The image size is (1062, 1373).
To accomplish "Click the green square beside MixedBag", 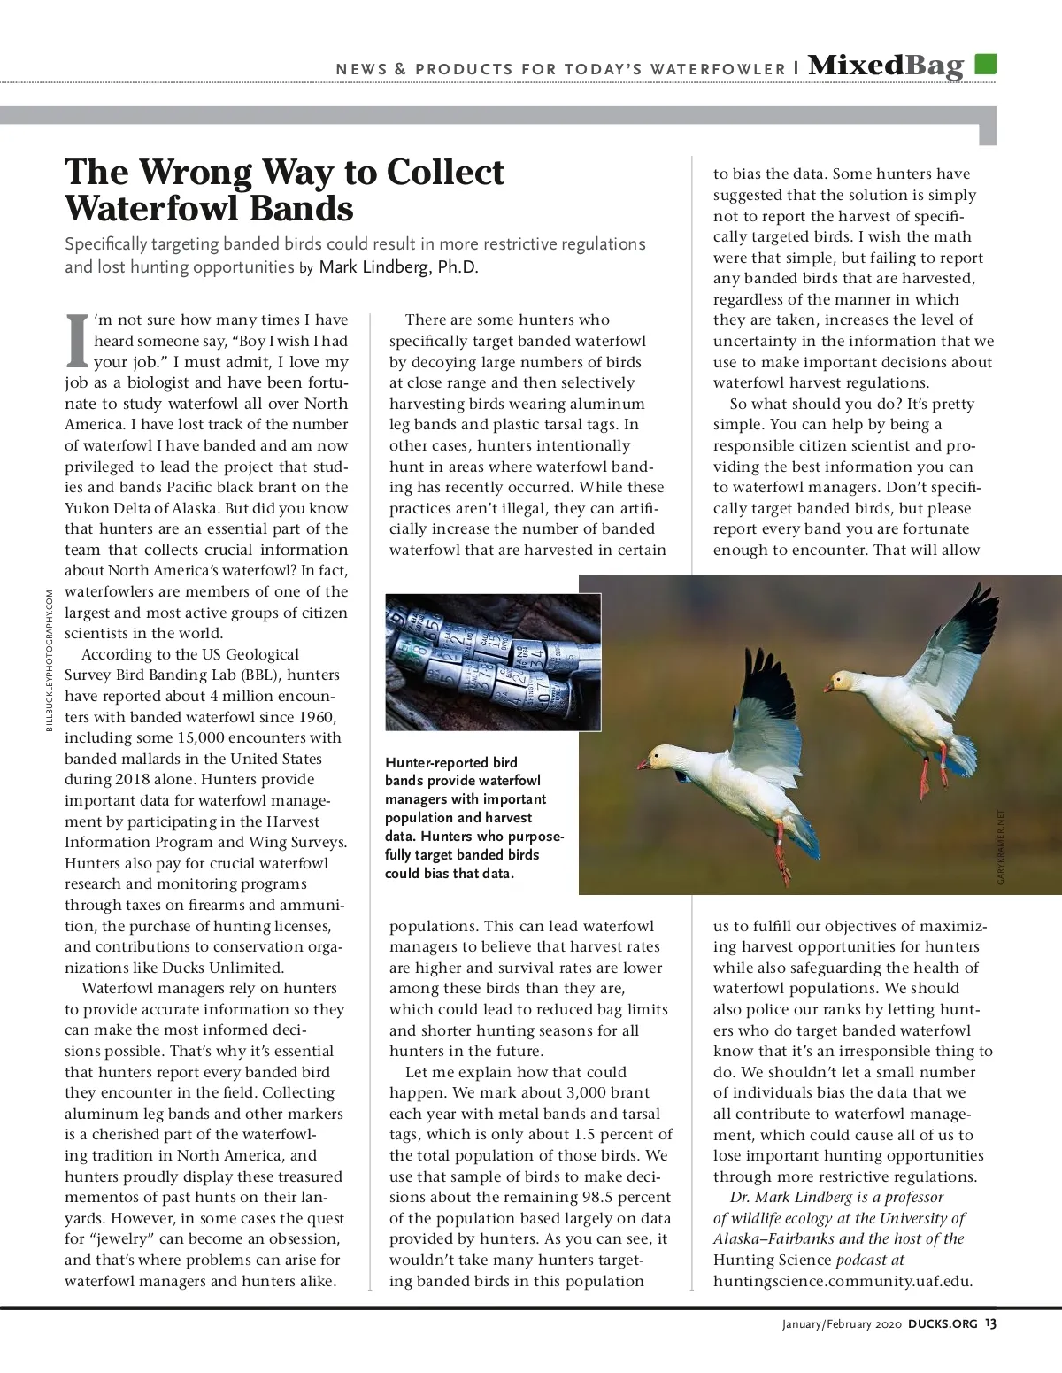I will pyautogui.click(x=985, y=65).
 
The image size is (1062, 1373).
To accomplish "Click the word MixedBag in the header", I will pyautogui.click(x=885, y=66).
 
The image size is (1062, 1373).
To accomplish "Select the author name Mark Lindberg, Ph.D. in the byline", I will pyautogui.click(x=398, y=267).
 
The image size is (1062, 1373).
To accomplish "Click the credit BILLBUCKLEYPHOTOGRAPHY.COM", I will pyautogui.click(x=50, y=660).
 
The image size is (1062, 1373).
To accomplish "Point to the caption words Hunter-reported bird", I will pyautogui.click(x=451, y=762).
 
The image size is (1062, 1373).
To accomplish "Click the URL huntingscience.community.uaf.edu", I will pyautogui.click(x=843, y=1280).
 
